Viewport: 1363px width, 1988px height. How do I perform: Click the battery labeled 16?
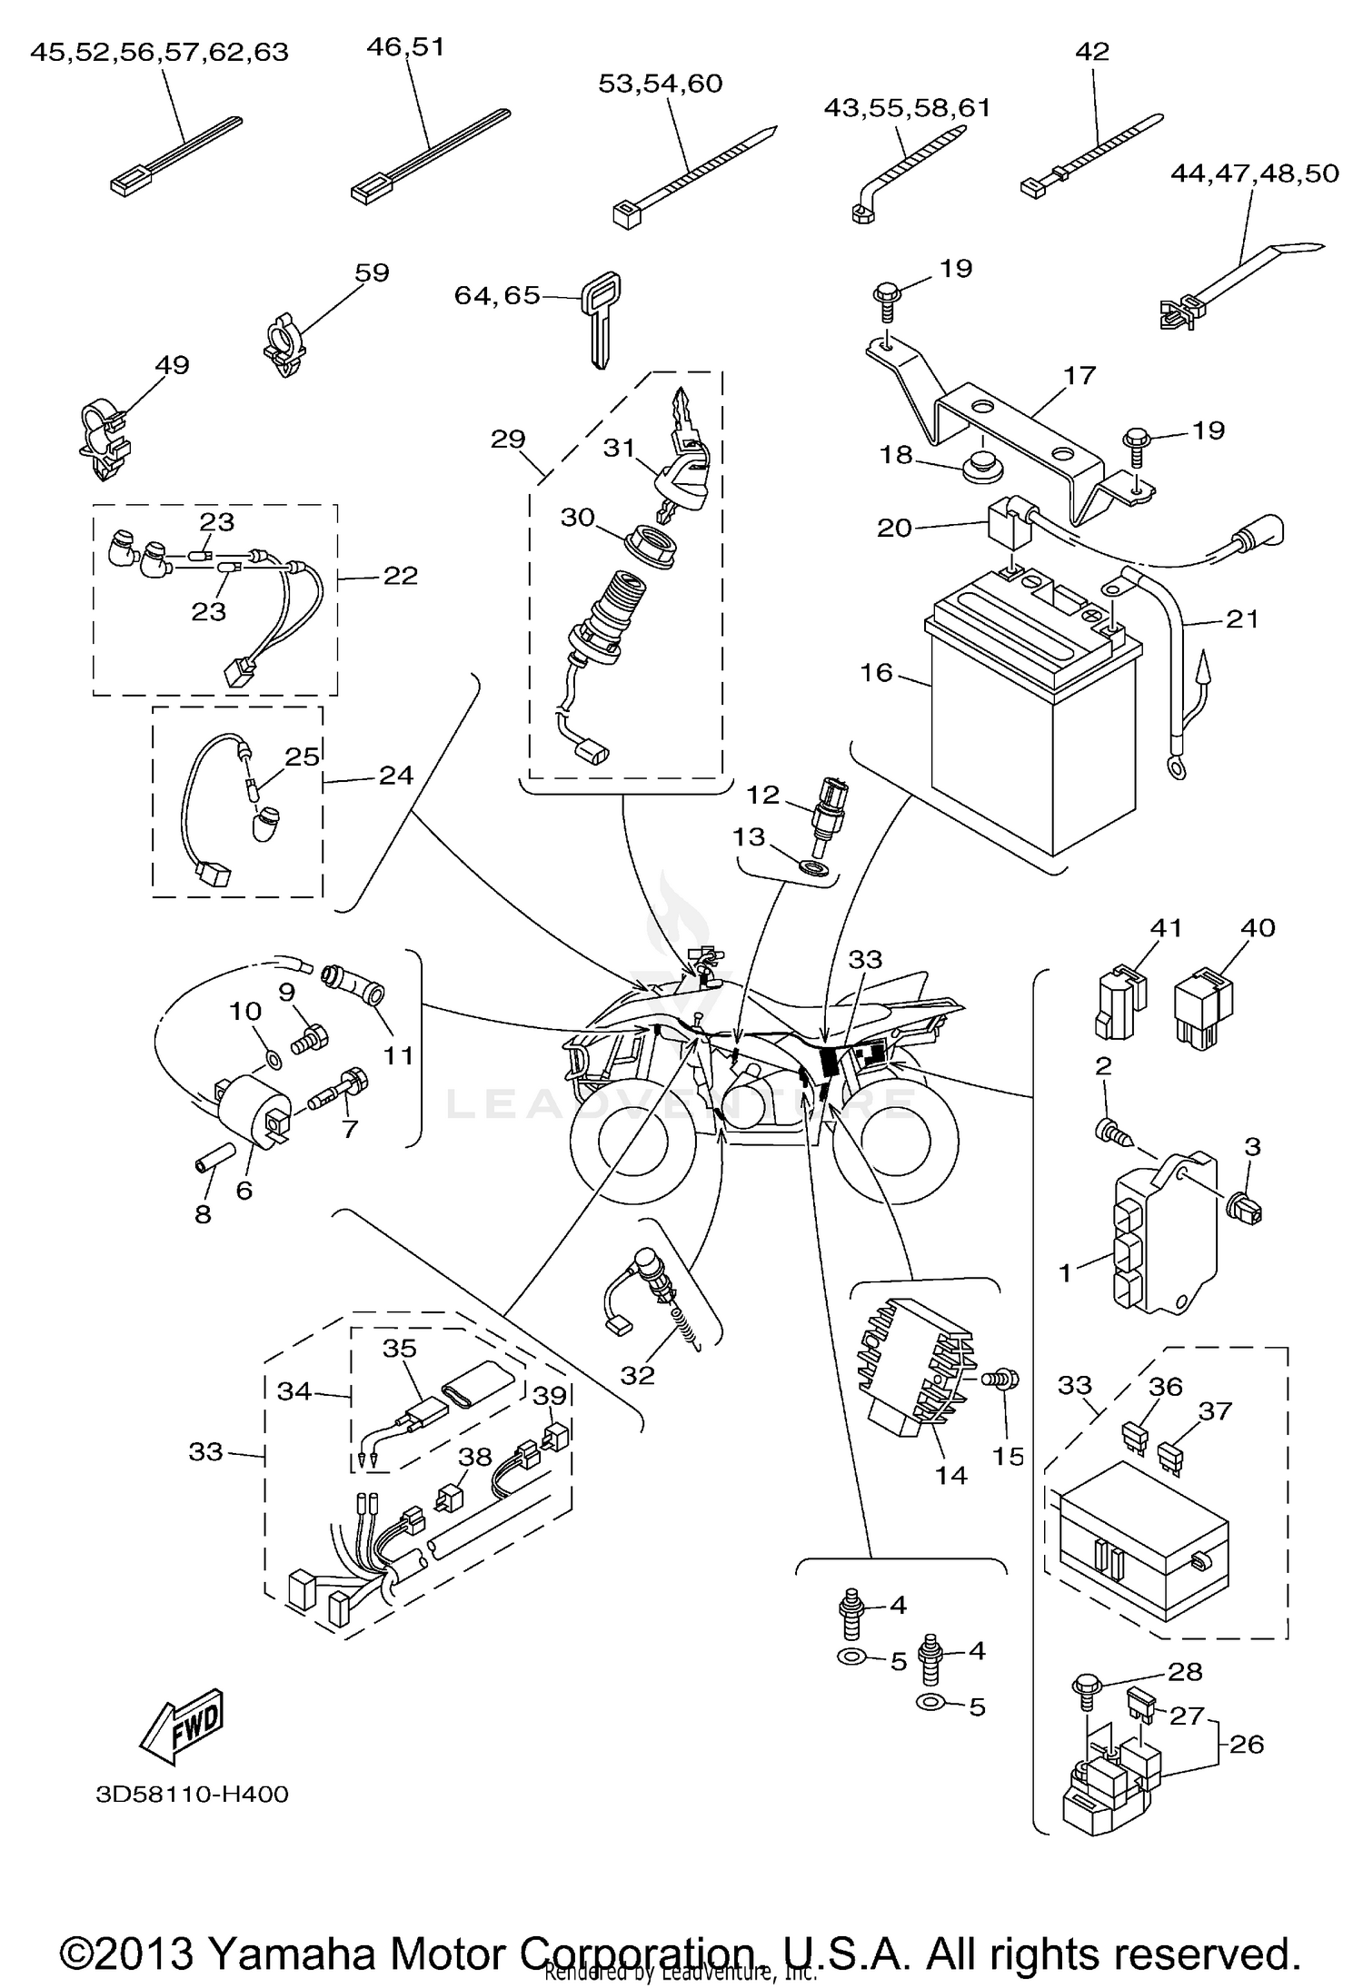1031,727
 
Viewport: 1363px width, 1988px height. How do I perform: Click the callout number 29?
508,440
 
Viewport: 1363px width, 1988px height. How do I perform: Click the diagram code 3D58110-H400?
192,1795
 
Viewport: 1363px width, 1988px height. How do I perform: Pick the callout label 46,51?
405,47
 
